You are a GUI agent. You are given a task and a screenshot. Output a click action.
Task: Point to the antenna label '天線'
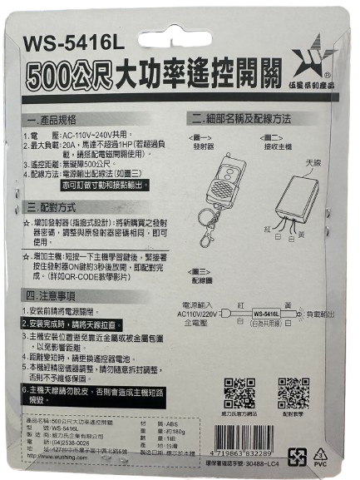coord(313,162)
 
